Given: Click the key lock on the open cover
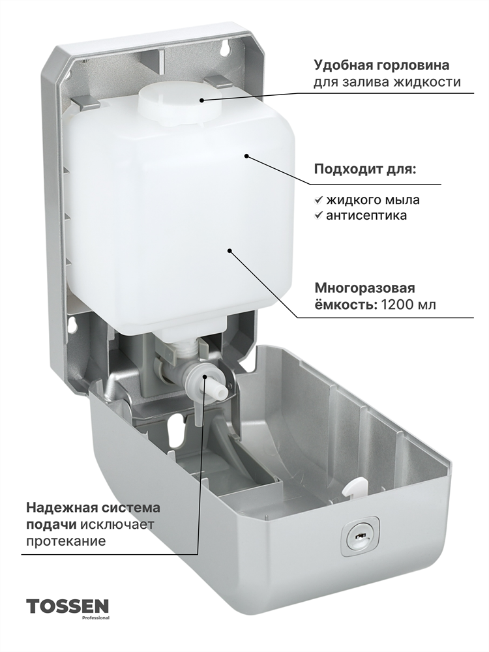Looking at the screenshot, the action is pyautogui.click(x=360, y=536).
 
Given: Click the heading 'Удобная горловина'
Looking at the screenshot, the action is pyautogui.click(x=381, y=65).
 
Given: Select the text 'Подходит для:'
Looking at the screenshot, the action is pyautogui.click(x=364, y=170).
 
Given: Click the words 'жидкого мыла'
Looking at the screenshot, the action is pyautogui.click(x=372, y=200).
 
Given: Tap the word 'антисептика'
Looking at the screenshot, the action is pyautogui.click(x=366, y=215).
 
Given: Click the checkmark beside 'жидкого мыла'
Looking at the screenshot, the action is pyautogui.click(x=319, y=200).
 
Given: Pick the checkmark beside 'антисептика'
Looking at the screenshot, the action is pyautogui.click(x=319, y=215).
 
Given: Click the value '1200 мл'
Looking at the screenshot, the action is pyautogui.click(x=409, y=304).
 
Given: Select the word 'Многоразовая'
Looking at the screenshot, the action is pyautogui.click(x=364, y=288).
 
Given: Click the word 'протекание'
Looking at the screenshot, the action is pyautogui.click(x=66, y=541).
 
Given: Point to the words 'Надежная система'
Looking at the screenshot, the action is pyautogui.click(x=93, y=508).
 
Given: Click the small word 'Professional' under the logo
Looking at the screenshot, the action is pyautogui.click(x=98, y=618).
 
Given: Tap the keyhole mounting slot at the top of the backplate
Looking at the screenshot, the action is pyautogui.click(x=224, y=46).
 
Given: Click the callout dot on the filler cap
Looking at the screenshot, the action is pyautogui.click(x=201, y=100).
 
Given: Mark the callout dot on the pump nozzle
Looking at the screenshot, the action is pyautogui.click(x=206, y=376).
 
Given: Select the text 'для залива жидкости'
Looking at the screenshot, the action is pyautogui.click(x=387, y=82).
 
